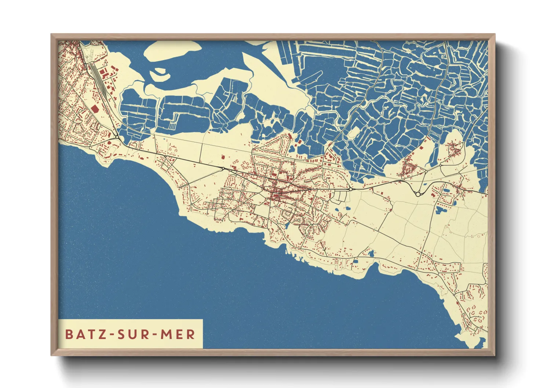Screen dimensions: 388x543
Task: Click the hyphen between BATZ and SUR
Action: pyautogui.click(x=111, y=334)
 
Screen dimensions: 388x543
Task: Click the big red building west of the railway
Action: pyautogui.click(x=95, y=109)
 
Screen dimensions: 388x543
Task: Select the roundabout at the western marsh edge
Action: pyautogui.click(x=117, y=137)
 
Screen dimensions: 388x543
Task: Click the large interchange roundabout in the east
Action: pyautogui.click(x=418, y=194)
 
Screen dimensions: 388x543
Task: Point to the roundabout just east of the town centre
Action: pyautogui.click(x=350, y=189)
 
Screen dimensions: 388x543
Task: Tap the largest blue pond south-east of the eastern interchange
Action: pyautogui.click(x=439, y=210)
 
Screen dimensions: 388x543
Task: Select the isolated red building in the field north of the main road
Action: pyautogui.click(x=223, y=157)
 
